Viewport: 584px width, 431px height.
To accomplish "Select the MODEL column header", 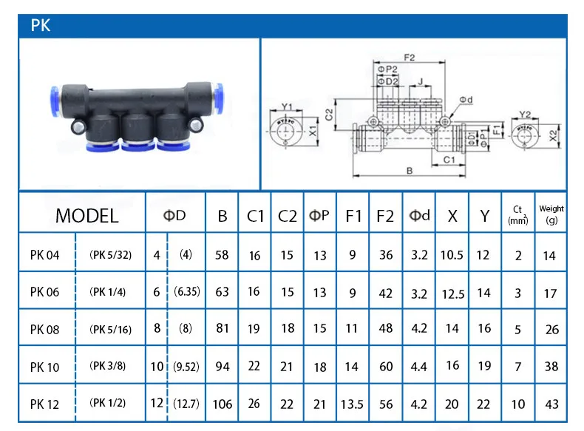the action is (86, 216).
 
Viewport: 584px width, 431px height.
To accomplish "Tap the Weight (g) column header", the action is (551, 214).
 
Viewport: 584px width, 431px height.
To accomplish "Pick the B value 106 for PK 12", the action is (222, 404).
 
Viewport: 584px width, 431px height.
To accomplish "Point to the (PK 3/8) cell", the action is (108, 365).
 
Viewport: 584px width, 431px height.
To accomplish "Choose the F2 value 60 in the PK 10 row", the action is (385, 365).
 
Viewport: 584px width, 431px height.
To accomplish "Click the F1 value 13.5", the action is (353, 404).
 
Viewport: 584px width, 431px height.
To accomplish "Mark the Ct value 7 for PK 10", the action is (518, 366).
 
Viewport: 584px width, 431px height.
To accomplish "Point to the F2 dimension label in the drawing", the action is (408, 55).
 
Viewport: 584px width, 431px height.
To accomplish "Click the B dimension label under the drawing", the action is (408, 171).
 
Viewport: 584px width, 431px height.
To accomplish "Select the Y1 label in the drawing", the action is (288, 106).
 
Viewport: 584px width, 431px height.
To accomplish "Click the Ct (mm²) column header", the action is (517, 214).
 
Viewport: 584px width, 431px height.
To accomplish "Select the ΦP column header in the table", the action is (319, 216).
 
